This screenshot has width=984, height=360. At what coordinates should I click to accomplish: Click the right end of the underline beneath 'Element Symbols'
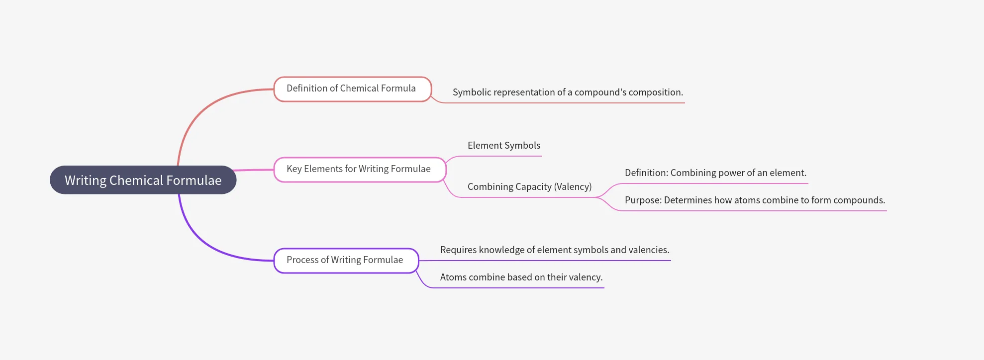tap(541, 156)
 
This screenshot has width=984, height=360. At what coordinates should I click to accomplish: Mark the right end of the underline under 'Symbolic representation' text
tap(685, 103)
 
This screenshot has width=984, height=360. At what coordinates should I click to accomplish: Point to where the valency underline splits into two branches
tap(596, 197)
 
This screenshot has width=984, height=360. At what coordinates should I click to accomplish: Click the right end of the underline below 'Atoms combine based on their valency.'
tap(604, 288)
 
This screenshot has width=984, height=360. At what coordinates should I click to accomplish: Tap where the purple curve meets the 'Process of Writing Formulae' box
tap(274, 261)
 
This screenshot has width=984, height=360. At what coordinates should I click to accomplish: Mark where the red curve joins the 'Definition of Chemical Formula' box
tap(274, 90)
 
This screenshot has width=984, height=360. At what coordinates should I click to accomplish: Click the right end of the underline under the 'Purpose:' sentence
tap(886, 211)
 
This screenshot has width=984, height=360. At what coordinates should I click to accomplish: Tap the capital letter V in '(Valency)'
tap(560, 187)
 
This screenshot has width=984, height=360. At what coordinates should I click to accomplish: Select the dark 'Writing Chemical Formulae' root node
tap(143, 180)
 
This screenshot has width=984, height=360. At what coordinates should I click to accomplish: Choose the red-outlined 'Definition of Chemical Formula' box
tap(352, 89)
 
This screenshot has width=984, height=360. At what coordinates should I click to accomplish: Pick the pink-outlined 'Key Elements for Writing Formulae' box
tap(360, 170)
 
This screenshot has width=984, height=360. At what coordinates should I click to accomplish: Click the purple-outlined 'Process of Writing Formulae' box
tap(346, 261)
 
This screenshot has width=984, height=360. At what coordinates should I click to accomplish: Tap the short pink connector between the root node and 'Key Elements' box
tap(254, 170)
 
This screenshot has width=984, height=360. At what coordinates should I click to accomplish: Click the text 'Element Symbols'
tap(504, 145)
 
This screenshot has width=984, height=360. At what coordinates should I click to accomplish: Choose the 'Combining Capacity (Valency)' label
tap(530, 186)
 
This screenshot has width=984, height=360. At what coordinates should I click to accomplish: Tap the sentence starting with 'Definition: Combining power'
tap(715, 173)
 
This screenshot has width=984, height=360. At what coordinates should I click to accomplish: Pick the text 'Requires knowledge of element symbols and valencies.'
tap(555, 250)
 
